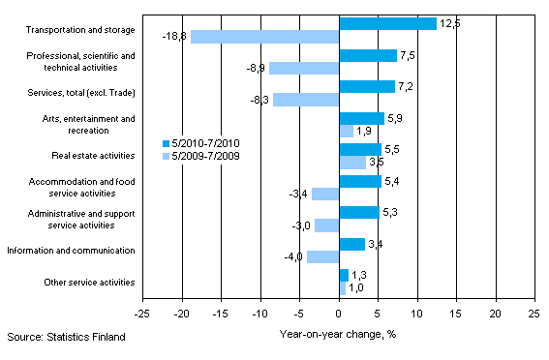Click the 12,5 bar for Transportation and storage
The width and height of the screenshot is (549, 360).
pyautogui.click(x=387, y=23)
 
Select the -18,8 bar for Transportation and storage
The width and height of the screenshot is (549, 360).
pyautogui.click(x=265, y=37)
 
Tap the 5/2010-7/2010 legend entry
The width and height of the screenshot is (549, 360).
pyautogui.click(x=201, y=142)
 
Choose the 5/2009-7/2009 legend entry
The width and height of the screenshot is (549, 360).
pyautogui.click(x=201, y=155)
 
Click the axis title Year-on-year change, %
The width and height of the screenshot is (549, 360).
pyautogui.click(x=339, y=335)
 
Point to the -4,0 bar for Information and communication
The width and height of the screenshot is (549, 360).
pyautogui.click(x=323, y=257)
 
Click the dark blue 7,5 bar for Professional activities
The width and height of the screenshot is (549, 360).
pyautogui.click(x=368, y=55)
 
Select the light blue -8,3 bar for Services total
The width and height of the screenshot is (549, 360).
pyautogui.click(x=306, y=100)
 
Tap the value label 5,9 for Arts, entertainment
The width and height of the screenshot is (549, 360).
pyautogui.click(x=396, y=119)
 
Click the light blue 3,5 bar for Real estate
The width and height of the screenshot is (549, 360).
pyautogui.click(x=352, y=163)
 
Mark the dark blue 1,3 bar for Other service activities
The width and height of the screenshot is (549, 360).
pyautogui.click(x=344, y=276)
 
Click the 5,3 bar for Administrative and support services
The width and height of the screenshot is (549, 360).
pyautogui.click(x=359, y=213)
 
